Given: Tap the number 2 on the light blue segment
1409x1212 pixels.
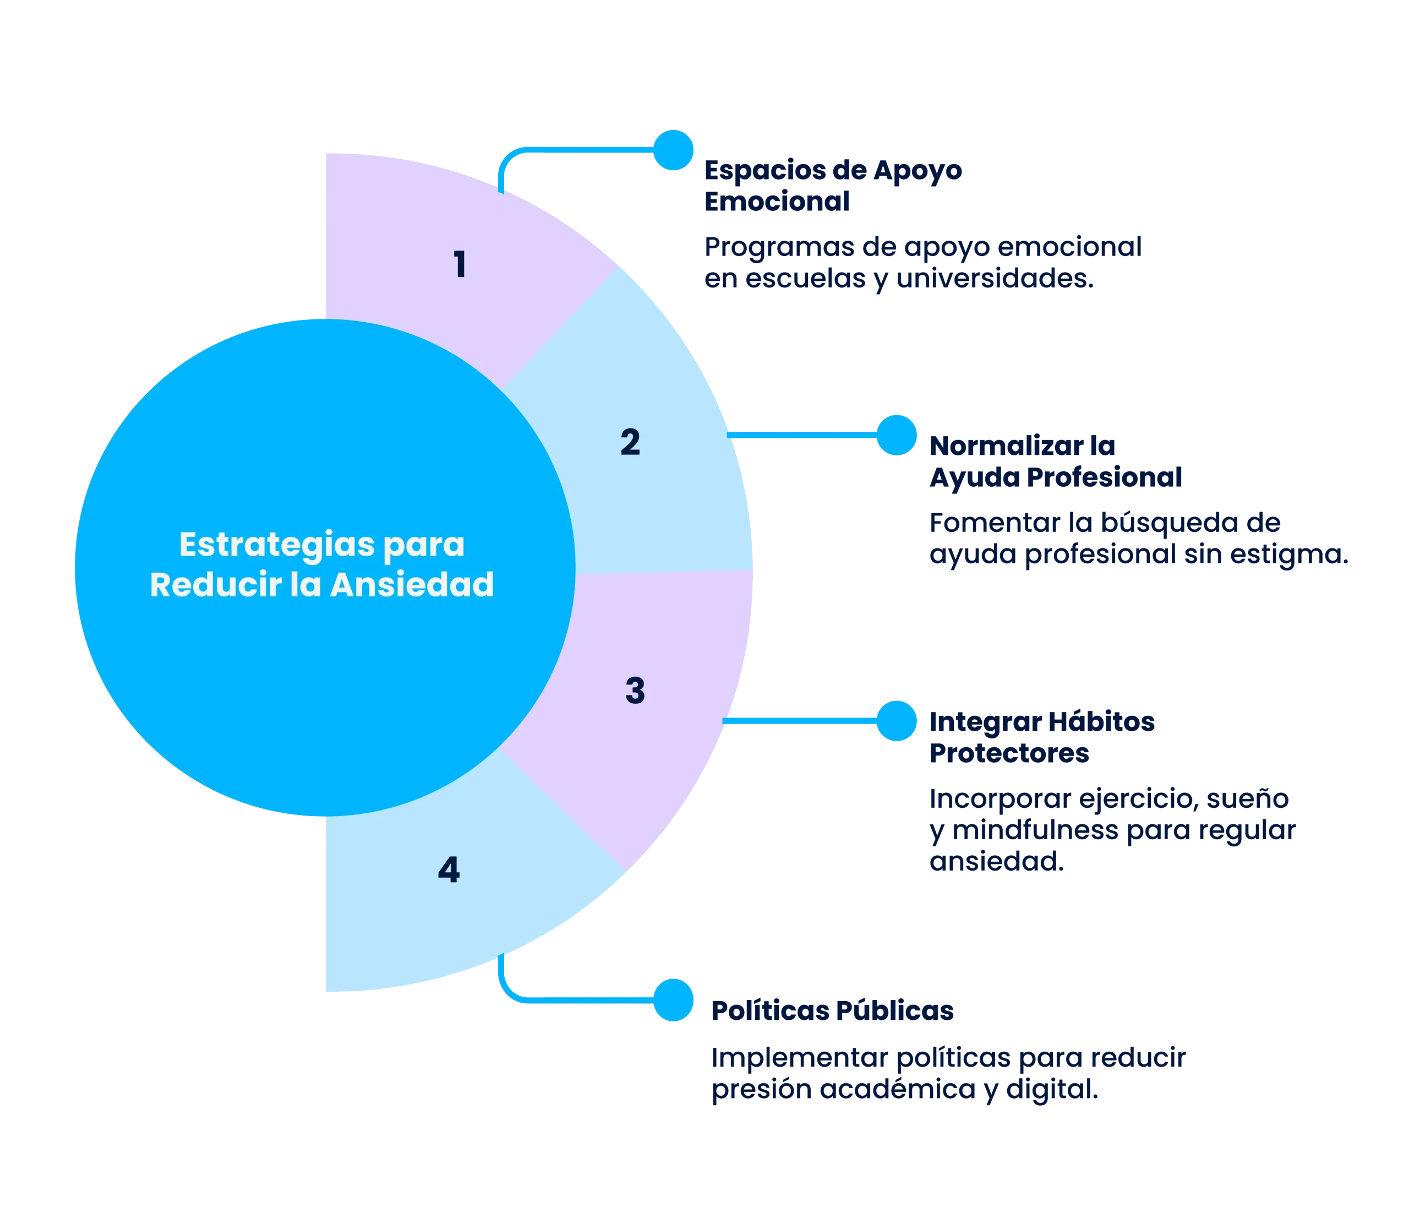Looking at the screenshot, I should click(x=630, y=442).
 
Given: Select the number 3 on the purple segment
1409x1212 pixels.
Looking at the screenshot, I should click(x=635, y=691).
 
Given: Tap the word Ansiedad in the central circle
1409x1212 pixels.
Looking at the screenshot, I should click(x=412, y=585).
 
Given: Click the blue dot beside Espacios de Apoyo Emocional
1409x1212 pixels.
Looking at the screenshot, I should click(x=673, y=150).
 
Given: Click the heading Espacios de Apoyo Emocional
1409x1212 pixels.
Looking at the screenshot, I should click(x=833, y=186).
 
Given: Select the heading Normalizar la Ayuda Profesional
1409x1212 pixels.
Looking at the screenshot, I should click(x=1056, y=462).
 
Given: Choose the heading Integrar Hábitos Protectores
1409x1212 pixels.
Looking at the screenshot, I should click(x=1042, y=737).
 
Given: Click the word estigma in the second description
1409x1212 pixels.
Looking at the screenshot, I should click(x=1276, y=555).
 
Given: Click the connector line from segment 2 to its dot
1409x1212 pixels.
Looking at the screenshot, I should click(x=802, y=436).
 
